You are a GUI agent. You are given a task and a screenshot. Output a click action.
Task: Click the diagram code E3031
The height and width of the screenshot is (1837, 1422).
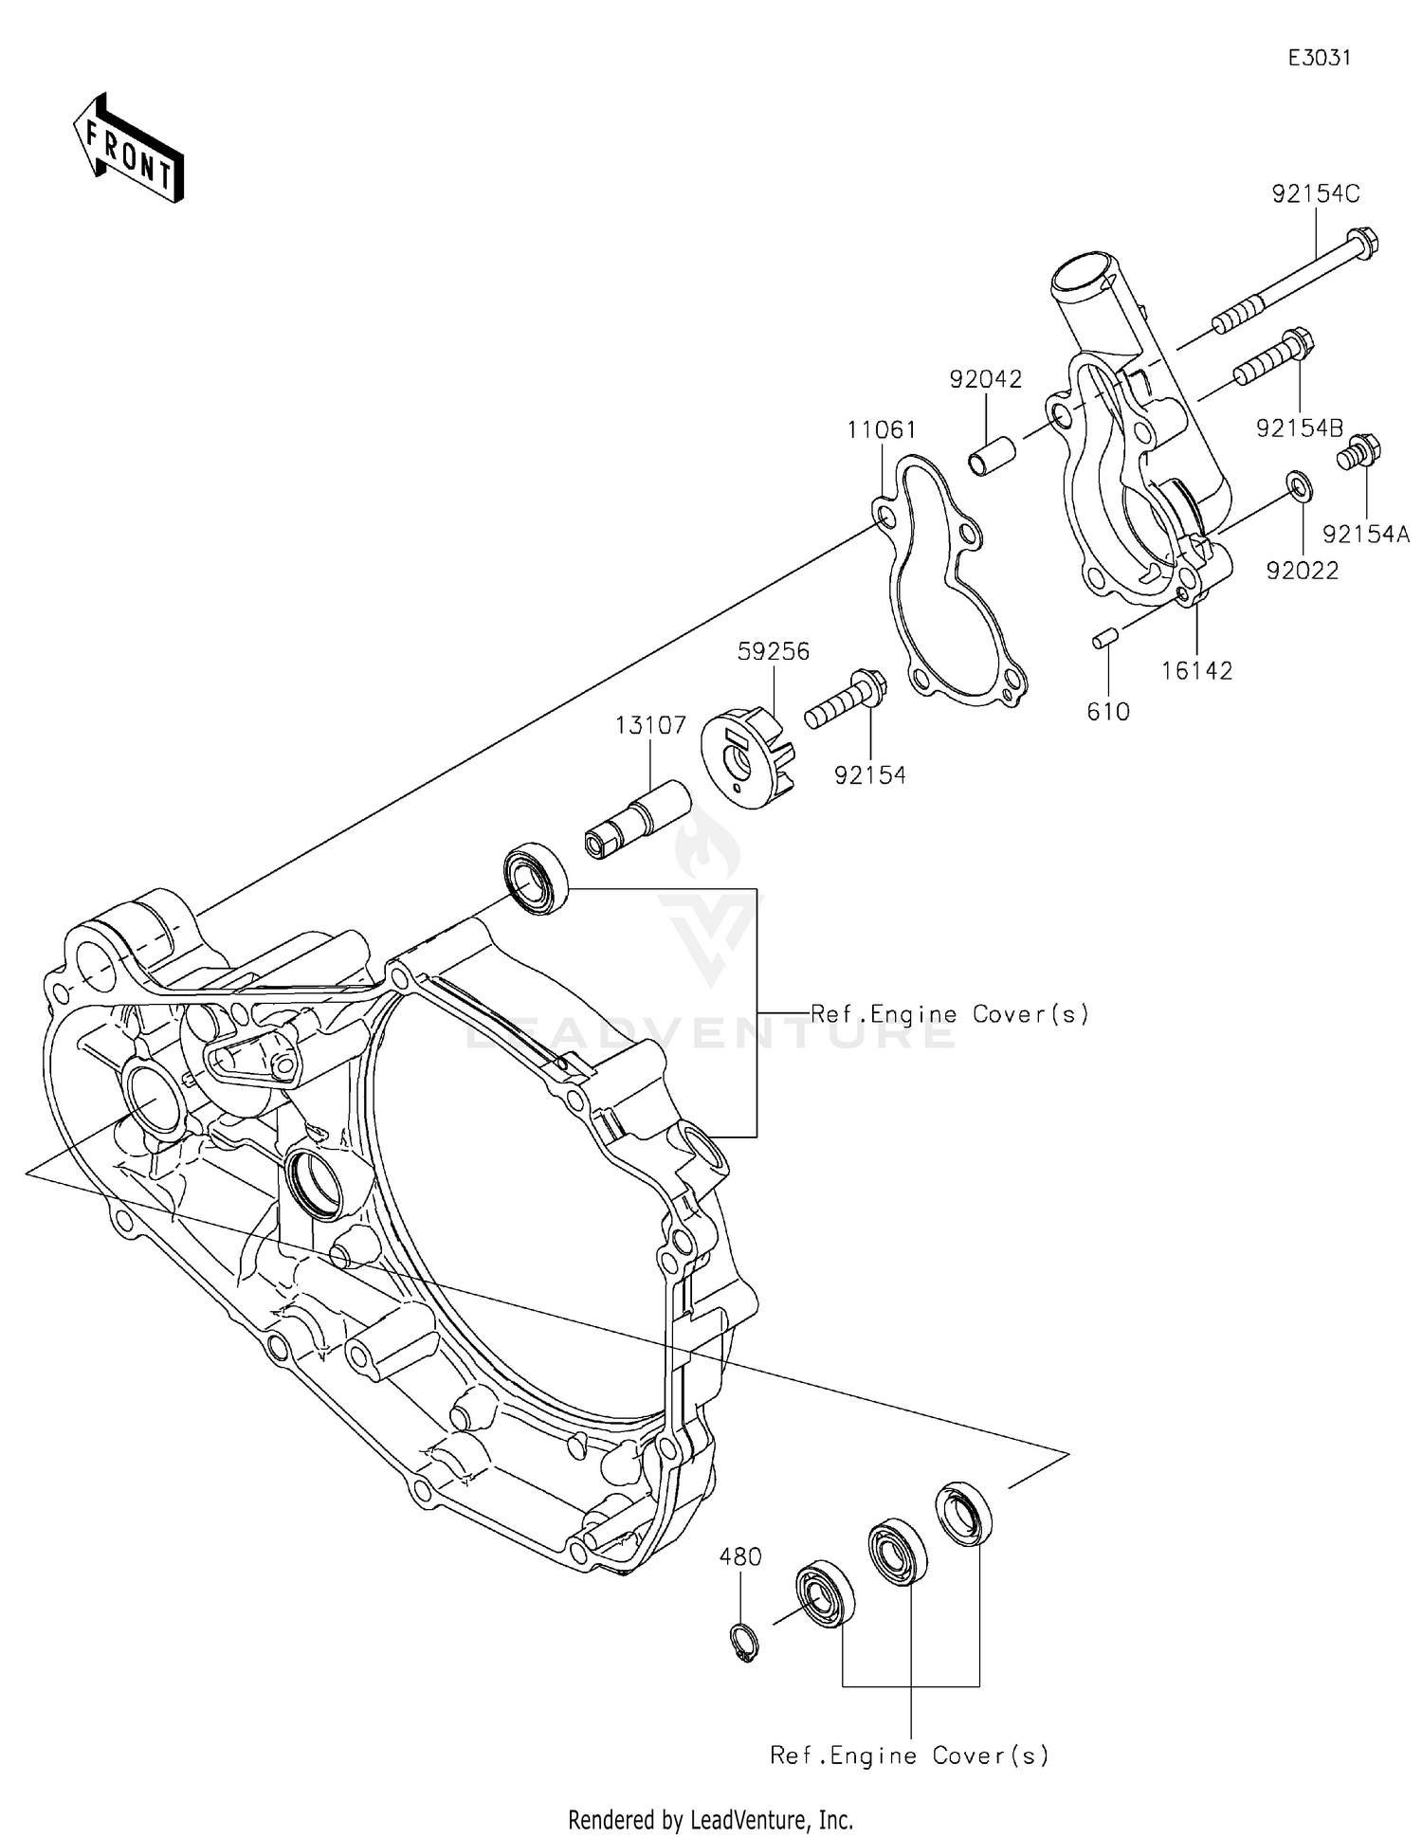click(1318, 58)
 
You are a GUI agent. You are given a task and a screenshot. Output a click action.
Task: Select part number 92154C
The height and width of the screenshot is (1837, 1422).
click(1315, 194)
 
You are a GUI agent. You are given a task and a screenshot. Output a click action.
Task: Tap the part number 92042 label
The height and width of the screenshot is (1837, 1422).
click(986, 380)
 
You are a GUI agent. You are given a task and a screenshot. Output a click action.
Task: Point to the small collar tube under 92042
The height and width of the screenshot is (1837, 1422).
click(993, 453)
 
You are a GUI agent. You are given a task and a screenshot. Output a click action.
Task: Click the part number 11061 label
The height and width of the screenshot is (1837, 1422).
click(882, 431)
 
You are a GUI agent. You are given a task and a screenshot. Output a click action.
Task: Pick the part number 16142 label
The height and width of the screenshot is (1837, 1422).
click(1196, 671)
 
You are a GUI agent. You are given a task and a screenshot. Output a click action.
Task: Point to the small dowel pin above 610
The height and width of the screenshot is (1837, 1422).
click(1101, 641)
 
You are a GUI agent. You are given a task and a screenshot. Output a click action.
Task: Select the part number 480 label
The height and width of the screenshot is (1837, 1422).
click(740, 1556)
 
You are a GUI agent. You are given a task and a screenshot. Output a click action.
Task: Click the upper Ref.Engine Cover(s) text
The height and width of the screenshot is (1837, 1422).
click(949, 1014)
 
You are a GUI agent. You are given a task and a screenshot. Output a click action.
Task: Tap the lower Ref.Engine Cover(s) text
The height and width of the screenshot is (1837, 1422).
click(909, 1755)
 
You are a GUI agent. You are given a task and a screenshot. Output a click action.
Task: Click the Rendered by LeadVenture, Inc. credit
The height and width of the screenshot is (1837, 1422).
click(710, 1820)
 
